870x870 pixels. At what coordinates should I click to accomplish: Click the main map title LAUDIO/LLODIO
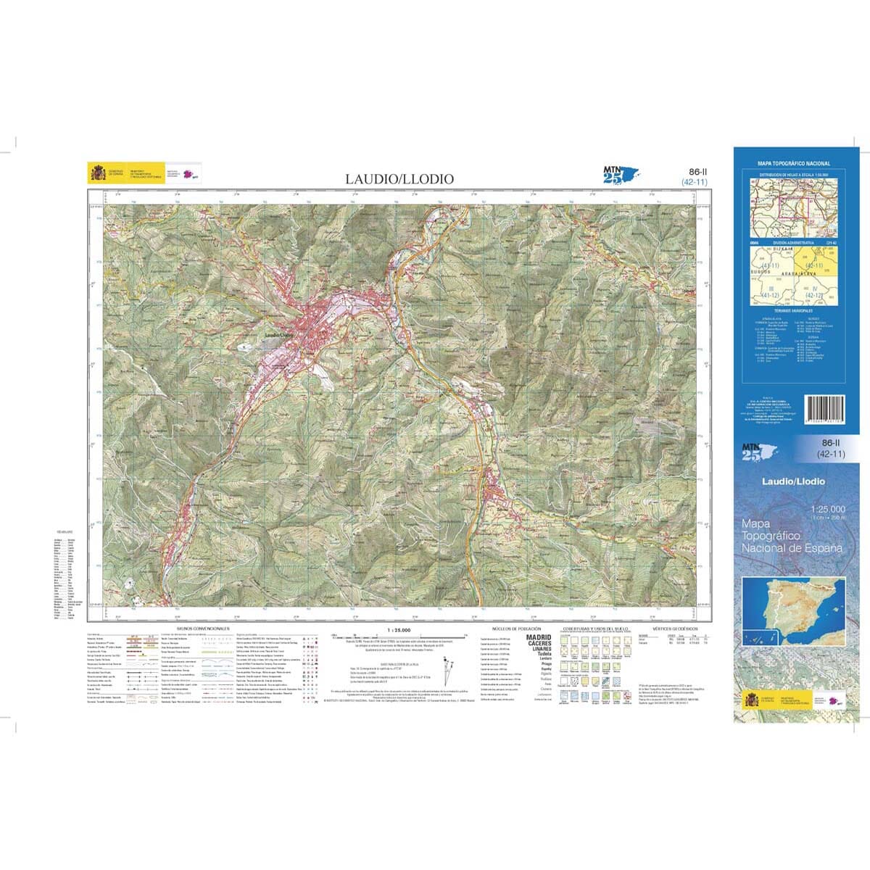pos(399,178)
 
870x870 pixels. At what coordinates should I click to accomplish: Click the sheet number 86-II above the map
pos(695,173)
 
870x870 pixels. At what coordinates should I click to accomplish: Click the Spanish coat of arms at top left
pos(97,173)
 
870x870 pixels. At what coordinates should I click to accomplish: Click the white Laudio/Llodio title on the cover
pos(793,481)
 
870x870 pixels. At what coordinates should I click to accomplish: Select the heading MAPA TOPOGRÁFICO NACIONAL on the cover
pos(794,164)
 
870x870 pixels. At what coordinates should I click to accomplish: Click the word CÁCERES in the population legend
pos(538,643)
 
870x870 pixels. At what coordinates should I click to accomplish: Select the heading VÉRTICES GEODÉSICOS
pos(674,629)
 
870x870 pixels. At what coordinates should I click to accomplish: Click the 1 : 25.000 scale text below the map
pos(399,629)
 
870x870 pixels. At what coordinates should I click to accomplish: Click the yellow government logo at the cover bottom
pos(751,702)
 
